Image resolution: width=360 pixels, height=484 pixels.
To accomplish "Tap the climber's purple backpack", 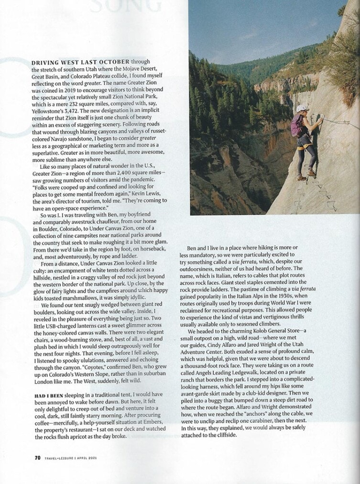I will coord(296,126).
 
